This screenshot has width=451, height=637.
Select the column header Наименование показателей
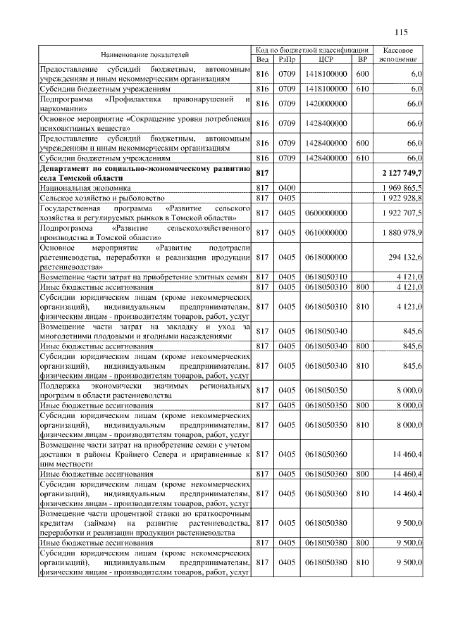click(x=145, y=54)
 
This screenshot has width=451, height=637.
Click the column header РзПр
click(x=287, y=59)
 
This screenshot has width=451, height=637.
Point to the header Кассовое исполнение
click(x=401, y=54)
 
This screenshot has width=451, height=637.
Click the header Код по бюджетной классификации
click(x=312, y=50)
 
